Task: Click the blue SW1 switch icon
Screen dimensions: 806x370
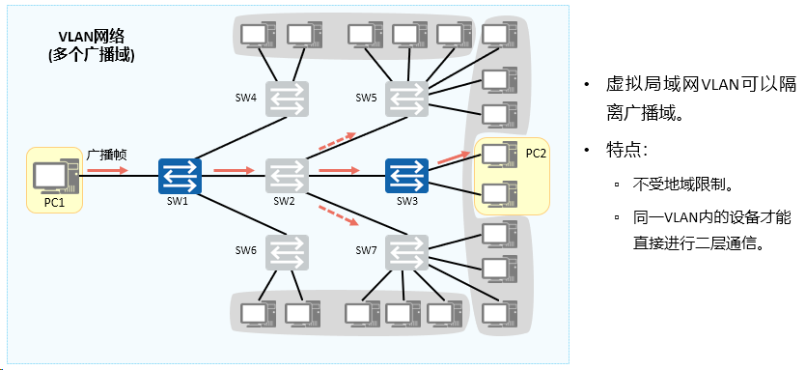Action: [180, 176]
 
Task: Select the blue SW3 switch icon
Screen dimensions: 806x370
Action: [406, 176]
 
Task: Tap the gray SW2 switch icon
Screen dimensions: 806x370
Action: [288, 176]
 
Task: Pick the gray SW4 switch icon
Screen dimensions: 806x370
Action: [288, 99]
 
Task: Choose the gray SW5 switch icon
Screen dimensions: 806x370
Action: [406, 99]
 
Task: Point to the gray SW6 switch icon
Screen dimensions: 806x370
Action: [288, 252]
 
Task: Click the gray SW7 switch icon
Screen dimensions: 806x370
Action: [406, 252]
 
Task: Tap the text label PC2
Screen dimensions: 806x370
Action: [536, 154]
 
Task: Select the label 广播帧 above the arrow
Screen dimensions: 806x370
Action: [106, 155]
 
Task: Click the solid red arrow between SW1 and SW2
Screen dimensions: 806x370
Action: [234, 170]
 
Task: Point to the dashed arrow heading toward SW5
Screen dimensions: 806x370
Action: [337, 141]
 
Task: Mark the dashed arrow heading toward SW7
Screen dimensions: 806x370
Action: [338, 215]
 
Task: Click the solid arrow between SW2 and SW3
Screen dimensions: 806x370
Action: [339, 169]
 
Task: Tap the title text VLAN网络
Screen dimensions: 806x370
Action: [92, 36]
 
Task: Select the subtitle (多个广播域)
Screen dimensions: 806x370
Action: [92, 55]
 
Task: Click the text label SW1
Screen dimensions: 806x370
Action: [178, 202]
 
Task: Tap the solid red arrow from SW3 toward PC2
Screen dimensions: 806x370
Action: [454, 158]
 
